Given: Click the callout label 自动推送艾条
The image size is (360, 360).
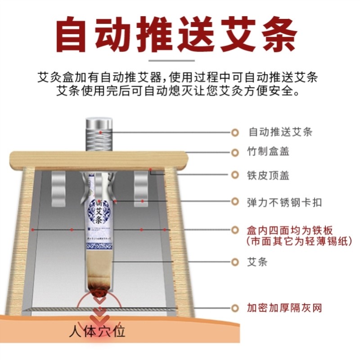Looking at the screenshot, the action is point(280,132).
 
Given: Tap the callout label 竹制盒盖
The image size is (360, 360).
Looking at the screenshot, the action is point(268,152).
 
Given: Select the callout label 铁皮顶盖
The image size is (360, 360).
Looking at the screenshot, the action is point(268,175).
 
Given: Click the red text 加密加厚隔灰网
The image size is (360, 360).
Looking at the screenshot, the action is point(284,308).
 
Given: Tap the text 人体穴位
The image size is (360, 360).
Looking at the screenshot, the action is point(97,332).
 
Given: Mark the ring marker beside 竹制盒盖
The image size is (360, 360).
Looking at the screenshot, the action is point(234,152).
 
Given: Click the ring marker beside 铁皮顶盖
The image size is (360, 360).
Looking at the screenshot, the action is point(234,175).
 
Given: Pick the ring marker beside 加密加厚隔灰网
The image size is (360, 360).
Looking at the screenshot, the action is point(234,308).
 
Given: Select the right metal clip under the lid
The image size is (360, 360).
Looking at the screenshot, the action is point(141,189).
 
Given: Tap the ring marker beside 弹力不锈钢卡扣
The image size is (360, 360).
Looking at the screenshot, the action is point(234,202).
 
